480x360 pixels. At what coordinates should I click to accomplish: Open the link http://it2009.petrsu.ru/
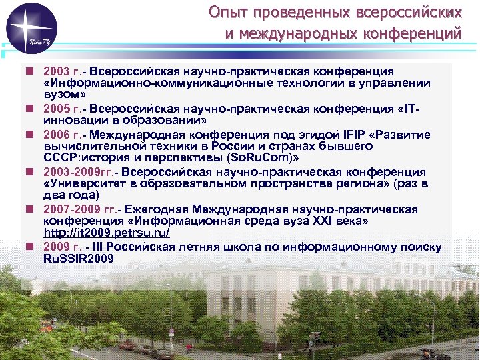pos(107,233)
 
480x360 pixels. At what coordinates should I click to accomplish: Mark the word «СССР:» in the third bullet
pos(61,159)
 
